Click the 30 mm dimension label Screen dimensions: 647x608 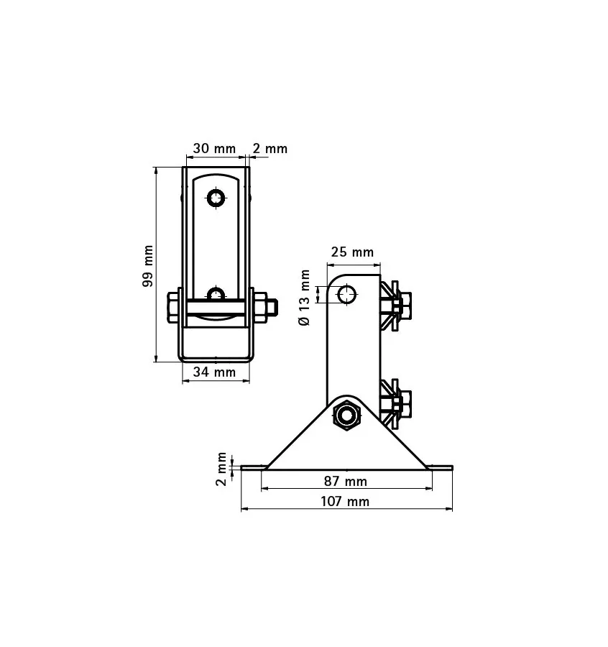point(215,149)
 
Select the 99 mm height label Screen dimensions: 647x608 point(148,267)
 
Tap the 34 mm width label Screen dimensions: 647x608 point(215,372)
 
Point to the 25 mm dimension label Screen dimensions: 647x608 point(352,252)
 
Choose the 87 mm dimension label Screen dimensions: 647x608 point(346,481)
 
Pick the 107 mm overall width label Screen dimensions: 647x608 point(346,501)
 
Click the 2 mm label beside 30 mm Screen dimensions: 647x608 point(270,149)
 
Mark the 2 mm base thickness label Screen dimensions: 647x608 point(221,469)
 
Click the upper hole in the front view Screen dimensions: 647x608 point(216,197)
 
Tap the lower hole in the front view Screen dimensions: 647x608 point(216,294)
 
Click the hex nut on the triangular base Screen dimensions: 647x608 point(347,416)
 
